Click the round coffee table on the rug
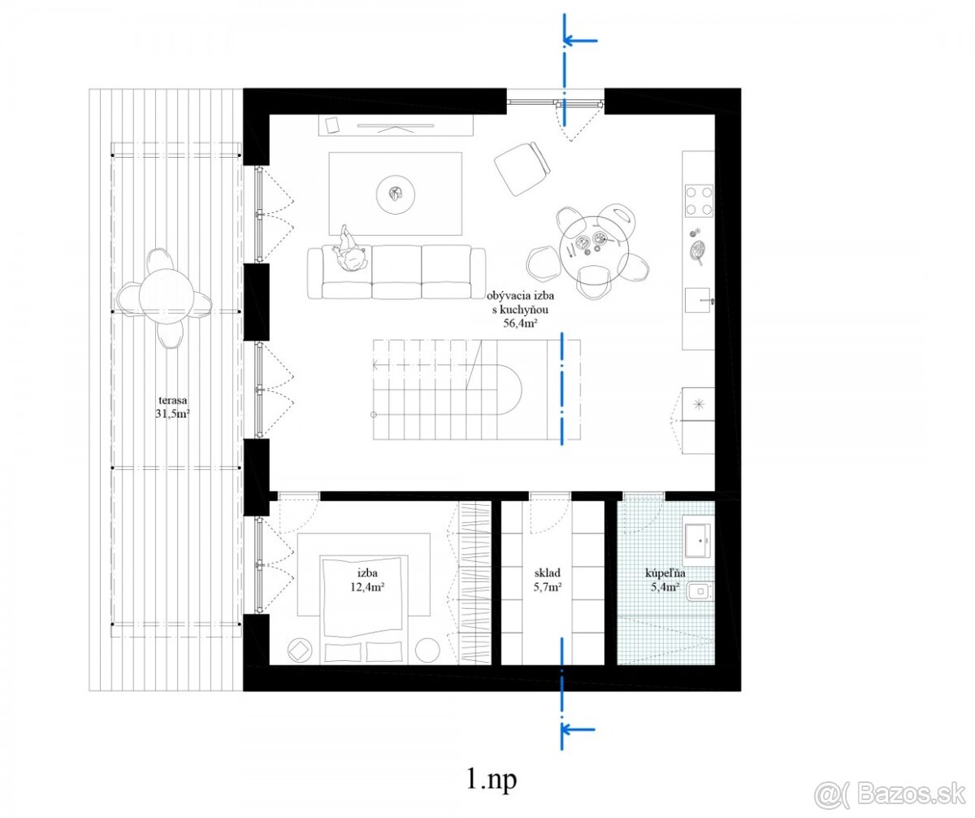pyautogui.click(x=396, y=194)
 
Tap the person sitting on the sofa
pyautogui.click(x=348, y=250)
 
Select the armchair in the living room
pyautogui.click(x=523, y=169)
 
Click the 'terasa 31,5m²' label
pyautogui.click(x=173, y=407)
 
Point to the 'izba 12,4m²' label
pyautogui.click(x=367, y=580)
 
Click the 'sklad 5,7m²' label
pyautogui.click(x=548, y=580)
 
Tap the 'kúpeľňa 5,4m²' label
pyautogui.click(x=665, y=580)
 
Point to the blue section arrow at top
pyautogui.click(x=580, y=41)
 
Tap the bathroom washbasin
pyautogui.click(x=698, y=541)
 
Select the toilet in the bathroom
pyautogui.click(x=700, y=591)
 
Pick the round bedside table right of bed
pyautogui.click(x=427, y=650)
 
